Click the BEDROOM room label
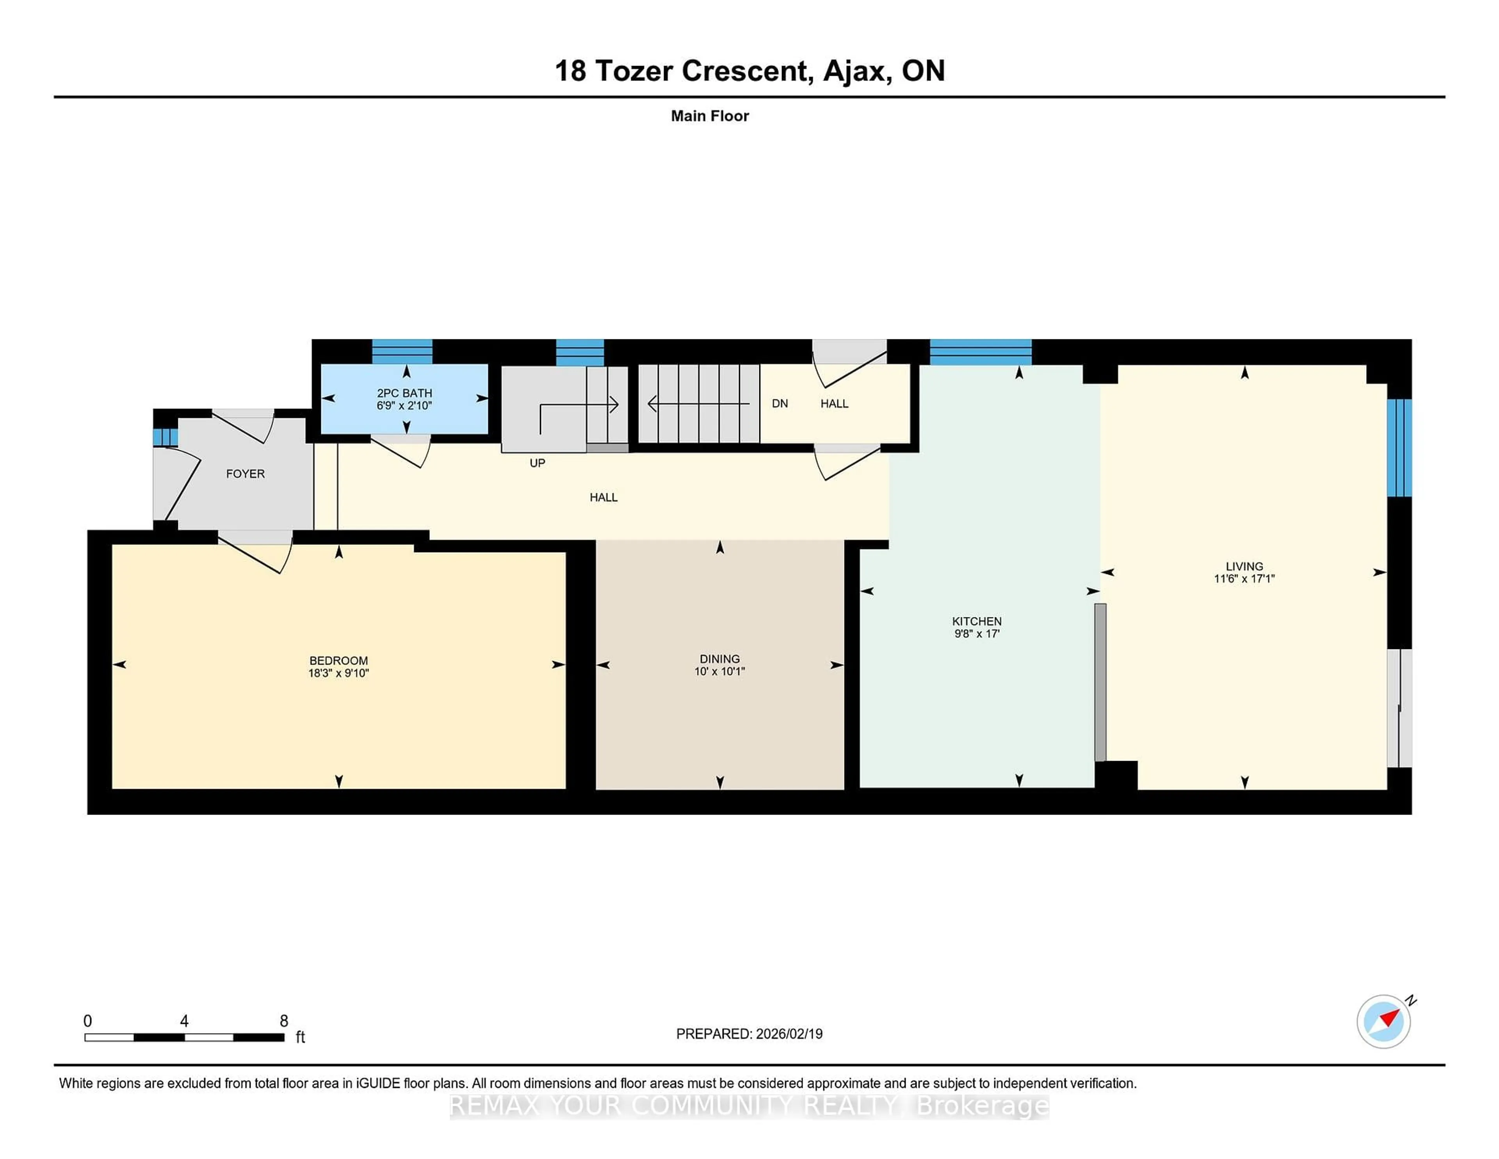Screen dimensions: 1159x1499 [338, 660]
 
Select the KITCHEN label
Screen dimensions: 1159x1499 [977, 621]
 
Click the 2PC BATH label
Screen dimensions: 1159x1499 [404, 393]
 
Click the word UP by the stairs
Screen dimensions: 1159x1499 [538, 463]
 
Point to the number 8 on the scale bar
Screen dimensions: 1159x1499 [283, 1020]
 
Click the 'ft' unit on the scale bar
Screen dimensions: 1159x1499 [300, 1037]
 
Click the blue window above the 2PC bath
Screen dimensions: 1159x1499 [402, 351]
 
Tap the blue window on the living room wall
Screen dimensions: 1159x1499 [1399, 448]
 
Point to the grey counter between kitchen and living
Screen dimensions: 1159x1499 [1100, 682]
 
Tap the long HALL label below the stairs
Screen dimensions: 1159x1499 [603, 497]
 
